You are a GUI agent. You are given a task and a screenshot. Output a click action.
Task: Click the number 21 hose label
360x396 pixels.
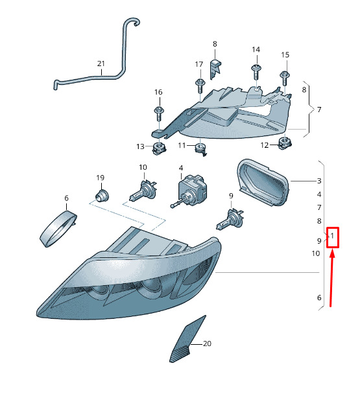(101, 64)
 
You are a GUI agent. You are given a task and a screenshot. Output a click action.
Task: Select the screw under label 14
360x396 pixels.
(256, 73)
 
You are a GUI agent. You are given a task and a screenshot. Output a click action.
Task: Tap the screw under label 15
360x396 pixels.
(285, 78)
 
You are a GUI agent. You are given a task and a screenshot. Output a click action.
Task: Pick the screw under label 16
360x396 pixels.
(159, 114)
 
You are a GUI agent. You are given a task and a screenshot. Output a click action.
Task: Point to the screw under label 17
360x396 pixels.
(200, 86)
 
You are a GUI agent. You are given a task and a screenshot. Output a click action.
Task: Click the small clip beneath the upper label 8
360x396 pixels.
(215, 69)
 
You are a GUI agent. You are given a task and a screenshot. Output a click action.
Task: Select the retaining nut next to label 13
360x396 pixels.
(160, 148)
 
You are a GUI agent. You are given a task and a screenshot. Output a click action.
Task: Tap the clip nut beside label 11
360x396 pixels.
(201, 149)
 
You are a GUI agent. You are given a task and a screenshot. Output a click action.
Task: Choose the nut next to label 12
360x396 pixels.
(285, 143)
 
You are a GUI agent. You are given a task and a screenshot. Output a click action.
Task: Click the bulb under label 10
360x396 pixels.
(143, 191)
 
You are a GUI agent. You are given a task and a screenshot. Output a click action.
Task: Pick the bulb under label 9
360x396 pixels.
(230, 218)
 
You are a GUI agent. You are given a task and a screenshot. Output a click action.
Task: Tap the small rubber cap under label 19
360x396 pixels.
(102, 196)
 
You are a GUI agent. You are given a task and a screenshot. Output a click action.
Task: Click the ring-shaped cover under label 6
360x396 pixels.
(58, 229)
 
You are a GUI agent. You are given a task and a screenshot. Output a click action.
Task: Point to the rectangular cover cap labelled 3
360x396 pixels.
(263, 182)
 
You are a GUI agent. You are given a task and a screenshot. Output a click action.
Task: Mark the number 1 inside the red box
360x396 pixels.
(332, 236)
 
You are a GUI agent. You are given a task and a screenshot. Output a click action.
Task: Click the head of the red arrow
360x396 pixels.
(333, 253)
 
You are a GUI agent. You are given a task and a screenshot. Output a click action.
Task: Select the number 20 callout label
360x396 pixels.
(207, 344)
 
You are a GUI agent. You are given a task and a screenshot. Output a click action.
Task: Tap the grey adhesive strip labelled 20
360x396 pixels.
(187, 340)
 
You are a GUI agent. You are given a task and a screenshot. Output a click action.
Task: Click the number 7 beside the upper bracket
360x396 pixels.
(319, 110)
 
